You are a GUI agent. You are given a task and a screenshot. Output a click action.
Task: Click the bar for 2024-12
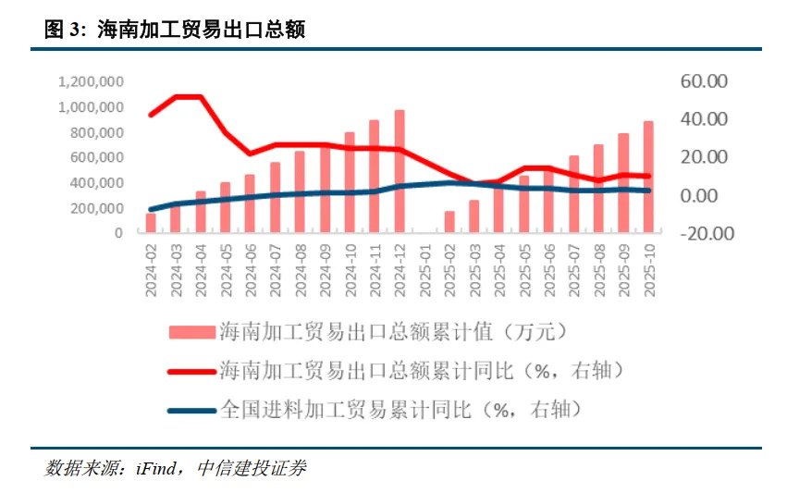[400, 171]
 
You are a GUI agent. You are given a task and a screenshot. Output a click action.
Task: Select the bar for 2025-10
[648, 176]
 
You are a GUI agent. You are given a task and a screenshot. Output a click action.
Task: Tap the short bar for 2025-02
[449, 221]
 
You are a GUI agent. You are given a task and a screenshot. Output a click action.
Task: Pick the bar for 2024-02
[151, 222]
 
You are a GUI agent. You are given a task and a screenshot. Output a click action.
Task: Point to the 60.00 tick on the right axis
[705, 82]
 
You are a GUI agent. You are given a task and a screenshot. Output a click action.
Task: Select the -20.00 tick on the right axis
[705, 233]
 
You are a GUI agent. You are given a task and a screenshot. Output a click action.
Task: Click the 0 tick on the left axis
[119, 233]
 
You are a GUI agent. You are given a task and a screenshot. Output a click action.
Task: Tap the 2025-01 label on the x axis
[424, 270]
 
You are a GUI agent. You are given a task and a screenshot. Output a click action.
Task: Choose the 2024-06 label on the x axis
[250, 270]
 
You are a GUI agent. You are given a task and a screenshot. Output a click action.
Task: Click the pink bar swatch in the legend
[191, 331]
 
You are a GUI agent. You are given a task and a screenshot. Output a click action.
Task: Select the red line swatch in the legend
[191, 371]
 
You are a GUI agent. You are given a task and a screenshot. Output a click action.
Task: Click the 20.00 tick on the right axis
[705, 157]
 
